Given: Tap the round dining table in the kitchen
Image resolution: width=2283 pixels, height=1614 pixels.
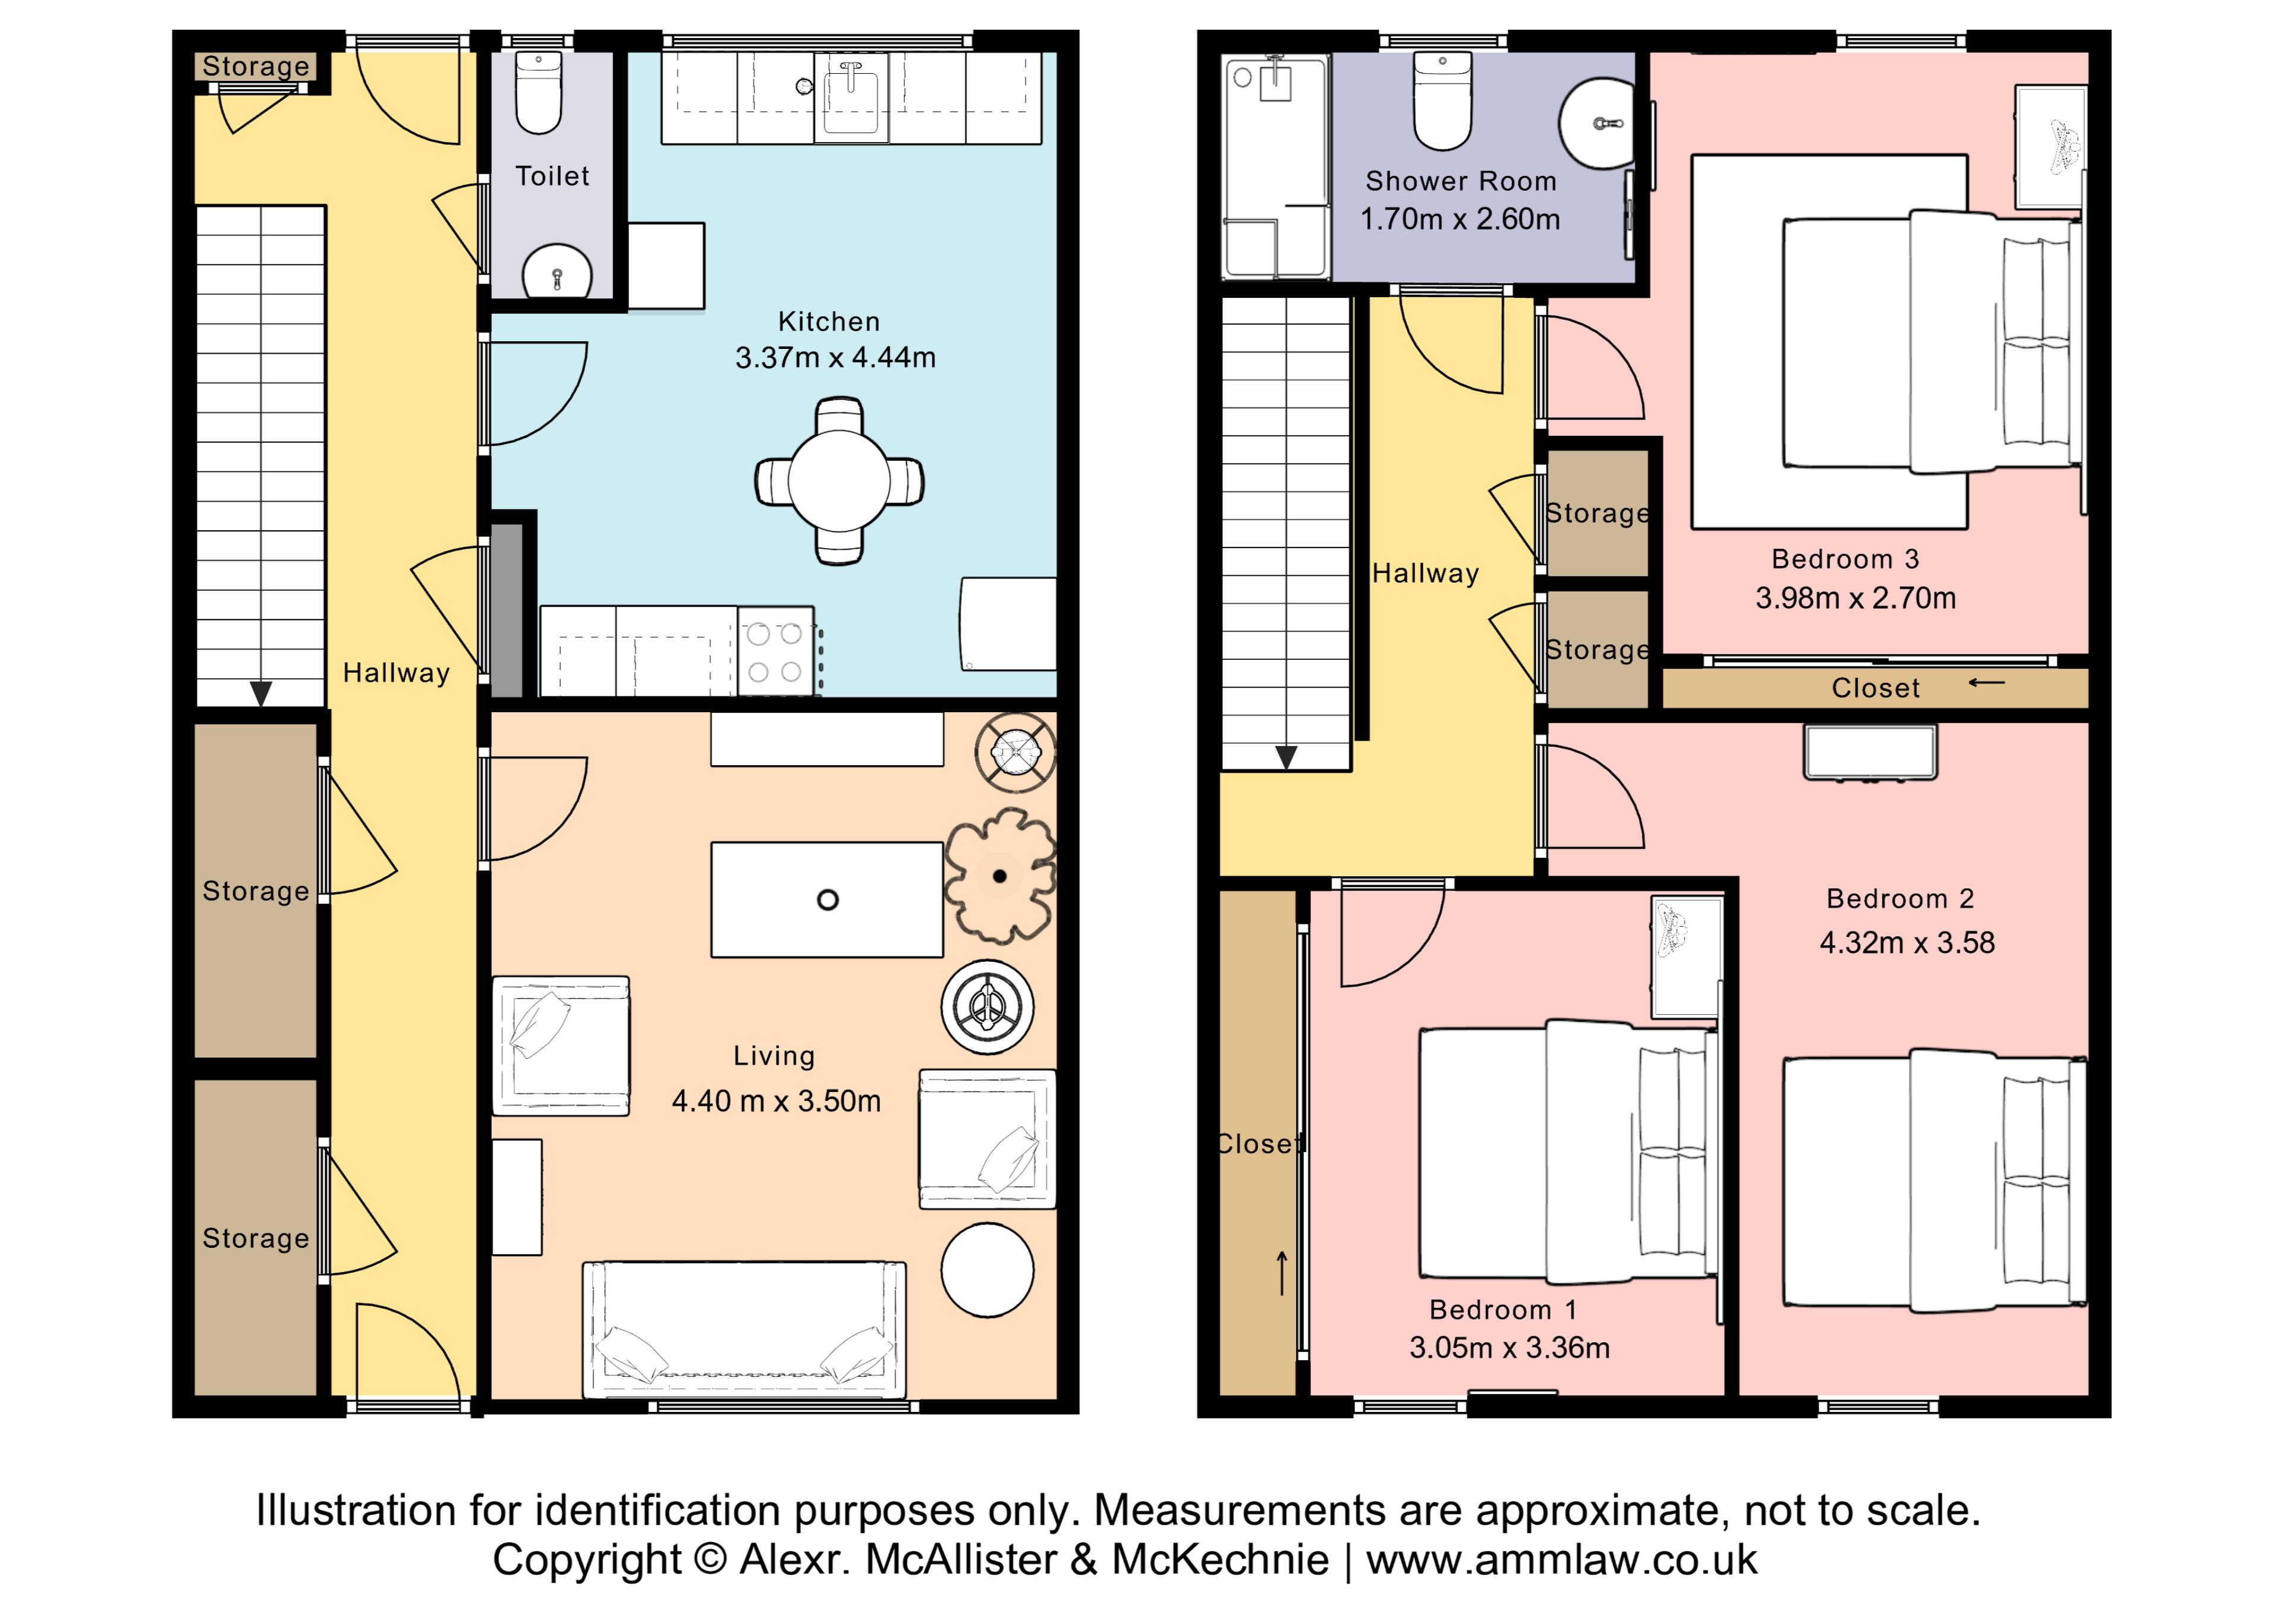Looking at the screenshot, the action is tap(839, 482).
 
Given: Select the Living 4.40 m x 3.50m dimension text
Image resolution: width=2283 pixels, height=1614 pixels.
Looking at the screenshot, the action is tap(776, 1101).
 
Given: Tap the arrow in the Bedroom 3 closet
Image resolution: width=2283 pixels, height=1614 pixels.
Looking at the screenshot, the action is tap(1986, 682).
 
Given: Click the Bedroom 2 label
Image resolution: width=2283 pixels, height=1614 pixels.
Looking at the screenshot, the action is tap(1899, 899).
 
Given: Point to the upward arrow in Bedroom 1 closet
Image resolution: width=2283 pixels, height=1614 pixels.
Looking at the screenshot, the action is tap(1282, 1273).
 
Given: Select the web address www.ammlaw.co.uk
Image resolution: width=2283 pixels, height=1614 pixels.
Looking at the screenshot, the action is tap(1561, 1559).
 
